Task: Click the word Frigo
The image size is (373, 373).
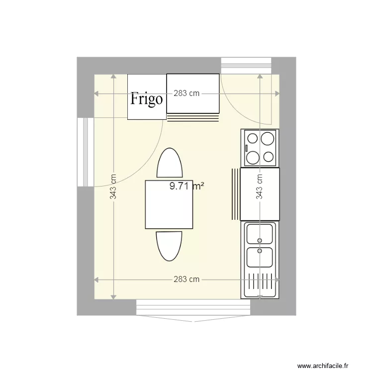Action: (x=146, y=99)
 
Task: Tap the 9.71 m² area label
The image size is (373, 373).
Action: (x=187, y=186)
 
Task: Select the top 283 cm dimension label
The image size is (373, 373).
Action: (x=186, y=93)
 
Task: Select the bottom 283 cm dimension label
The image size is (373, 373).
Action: (x=186, y=280)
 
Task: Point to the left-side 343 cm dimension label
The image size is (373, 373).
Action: (x=113, y=186)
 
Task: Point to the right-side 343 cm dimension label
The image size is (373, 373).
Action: (x=260, y=186)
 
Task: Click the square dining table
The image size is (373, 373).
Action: (x=169, y=204)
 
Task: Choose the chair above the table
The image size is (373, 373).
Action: (x=169, y=163)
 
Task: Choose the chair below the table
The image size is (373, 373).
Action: (x=169, y=246)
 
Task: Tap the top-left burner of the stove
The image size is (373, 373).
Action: (x=252, y=138)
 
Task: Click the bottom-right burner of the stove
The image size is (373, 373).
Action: (x=269, y=157)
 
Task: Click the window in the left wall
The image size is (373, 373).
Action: (x=86, y=152)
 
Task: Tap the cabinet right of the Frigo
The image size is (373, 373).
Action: (x=192, y=93)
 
